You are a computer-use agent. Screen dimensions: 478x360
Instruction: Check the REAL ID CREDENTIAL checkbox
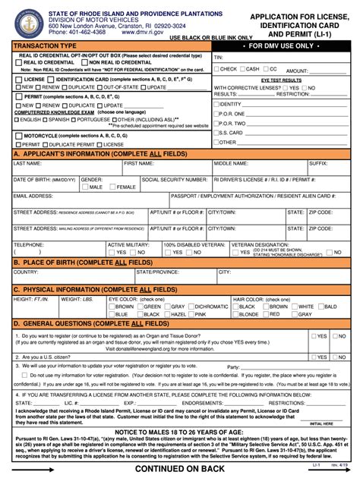pyautogui.click(x=18, y=62)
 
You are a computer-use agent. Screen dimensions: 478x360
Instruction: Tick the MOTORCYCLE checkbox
pyautogui.click(x=18, y=135)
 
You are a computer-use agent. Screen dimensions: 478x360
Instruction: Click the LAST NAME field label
pyautogui.click(x=27, y=163)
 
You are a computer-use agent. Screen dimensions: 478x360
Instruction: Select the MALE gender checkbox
pyautogui.click(x=84, y=187)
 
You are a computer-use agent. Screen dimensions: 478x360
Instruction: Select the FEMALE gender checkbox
pyautogui.click(x=113, y=187)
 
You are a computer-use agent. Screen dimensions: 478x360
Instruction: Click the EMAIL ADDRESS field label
pyautogui.click(x=33, y=196)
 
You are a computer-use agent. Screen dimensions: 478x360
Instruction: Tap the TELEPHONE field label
pyautogui.click(x=29, y=244)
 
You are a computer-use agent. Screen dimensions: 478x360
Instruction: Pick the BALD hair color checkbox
pyautogui.click(x=318, y=306)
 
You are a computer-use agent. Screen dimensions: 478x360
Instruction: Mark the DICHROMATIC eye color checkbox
pyautogui.click(x=191, y=306)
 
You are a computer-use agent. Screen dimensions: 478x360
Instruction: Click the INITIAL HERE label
pyautogui.click(x=321, y=423)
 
